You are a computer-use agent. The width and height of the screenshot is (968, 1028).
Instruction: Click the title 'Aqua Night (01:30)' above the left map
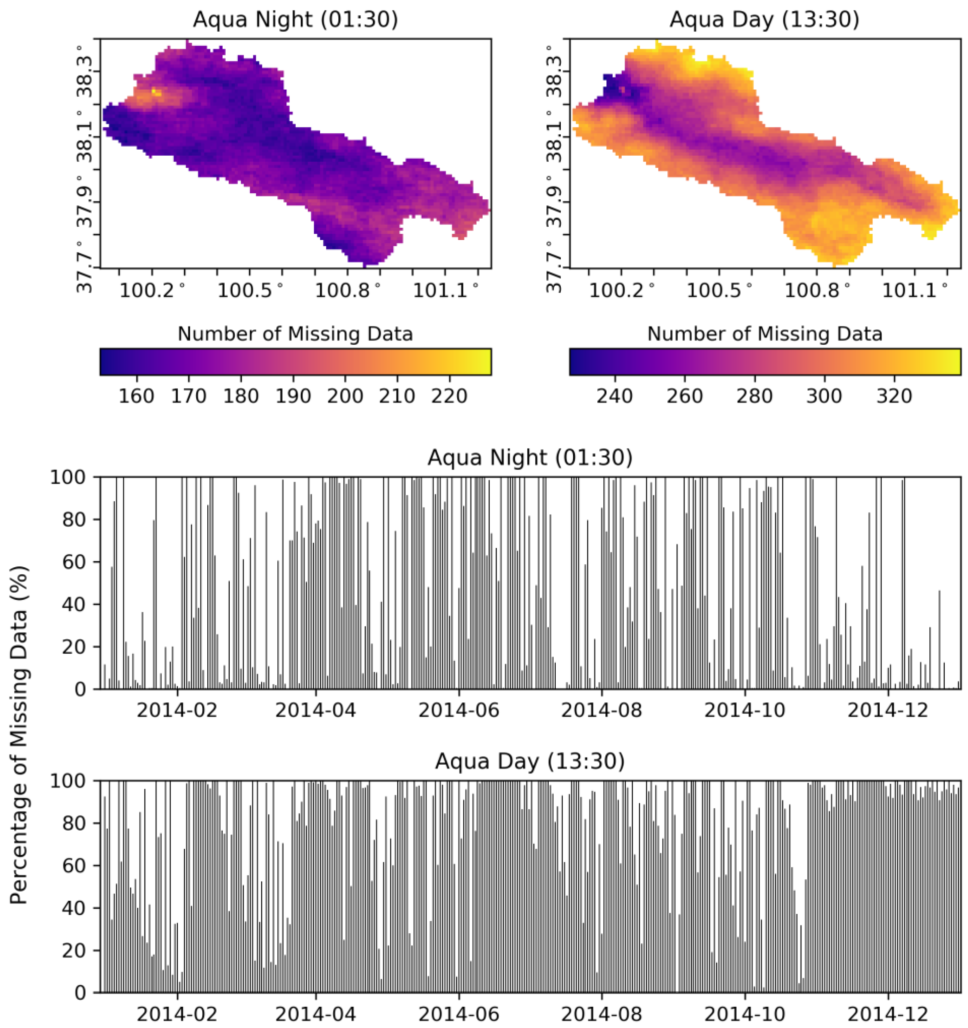point(295,20)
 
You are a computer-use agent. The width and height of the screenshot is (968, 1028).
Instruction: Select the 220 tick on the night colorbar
point(449,396)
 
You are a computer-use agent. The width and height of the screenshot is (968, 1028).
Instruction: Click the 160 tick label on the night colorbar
point(136,396)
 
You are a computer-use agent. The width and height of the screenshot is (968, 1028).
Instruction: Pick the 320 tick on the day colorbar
point(894,396)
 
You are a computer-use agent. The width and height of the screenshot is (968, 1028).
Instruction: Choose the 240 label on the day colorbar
point(614,396)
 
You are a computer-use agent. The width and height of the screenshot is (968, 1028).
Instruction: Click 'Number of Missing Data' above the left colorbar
point(295,334)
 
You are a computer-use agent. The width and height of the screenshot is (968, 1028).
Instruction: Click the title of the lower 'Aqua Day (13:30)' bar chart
point(530,762)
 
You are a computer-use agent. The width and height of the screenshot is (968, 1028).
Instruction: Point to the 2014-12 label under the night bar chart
point(888,710)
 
